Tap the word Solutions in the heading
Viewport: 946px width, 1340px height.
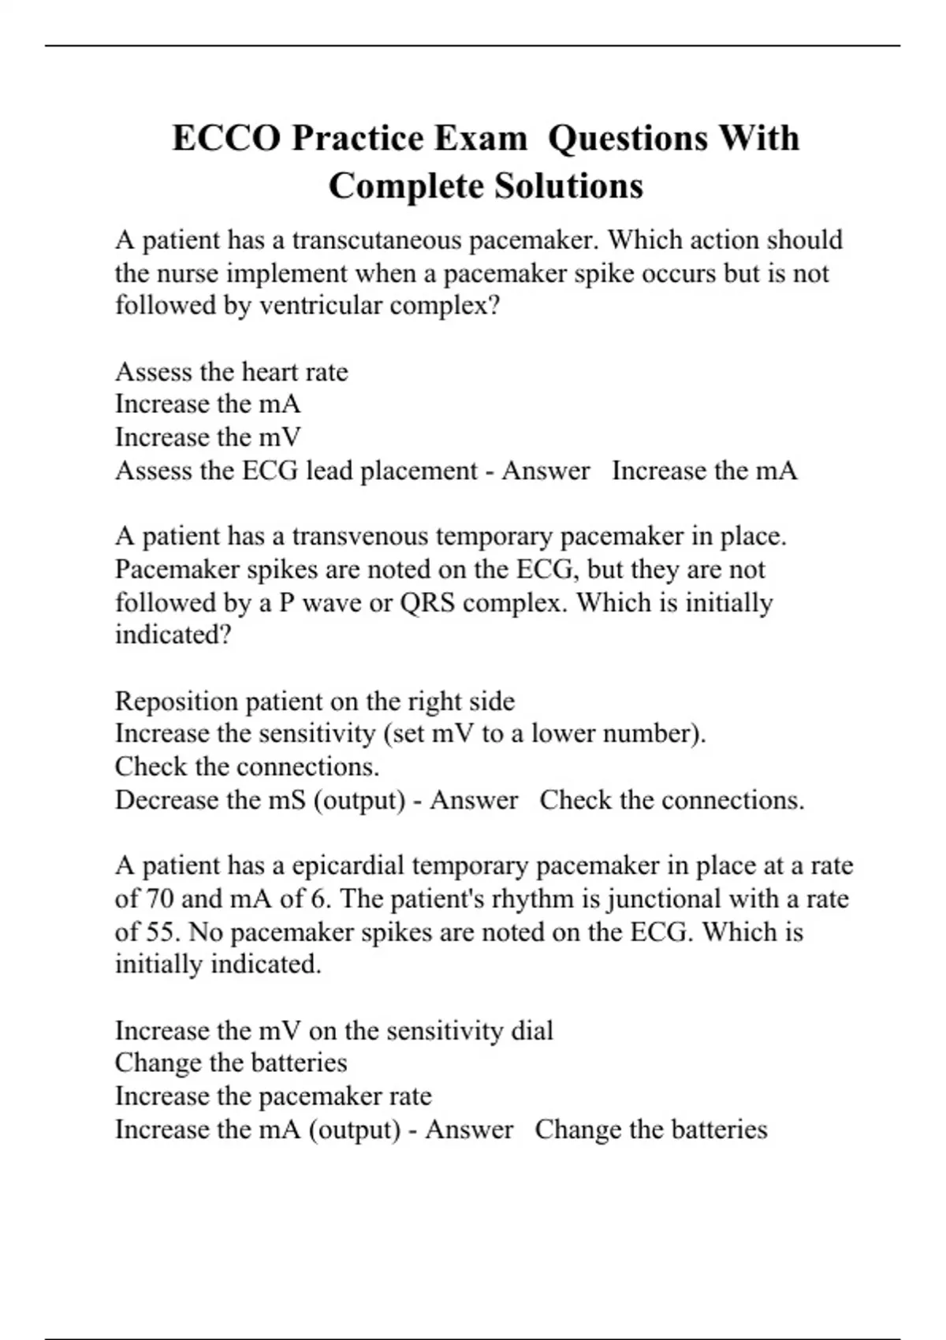point(568,187)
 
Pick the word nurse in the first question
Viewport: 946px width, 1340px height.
point(190,273)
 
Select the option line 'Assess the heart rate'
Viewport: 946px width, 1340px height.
point(231,371)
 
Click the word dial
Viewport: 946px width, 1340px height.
point(531,1030)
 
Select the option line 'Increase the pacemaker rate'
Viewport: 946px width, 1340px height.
point(273,1096)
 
